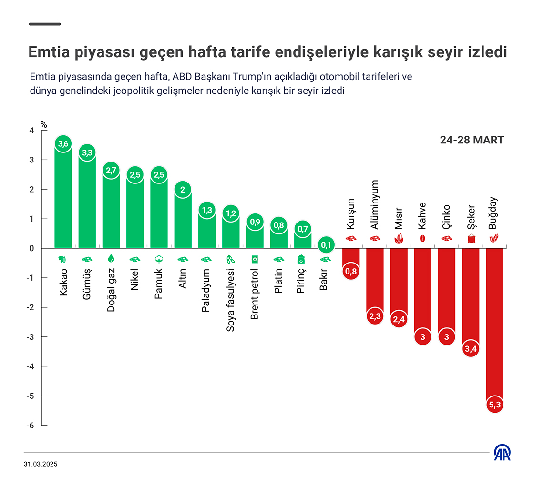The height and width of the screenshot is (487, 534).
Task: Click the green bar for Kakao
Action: coord(63,200)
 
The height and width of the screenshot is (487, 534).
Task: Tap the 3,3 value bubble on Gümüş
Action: coord(87,152)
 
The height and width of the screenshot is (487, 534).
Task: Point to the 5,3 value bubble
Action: coord(494,405)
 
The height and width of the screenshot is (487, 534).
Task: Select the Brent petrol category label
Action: coord(255,294)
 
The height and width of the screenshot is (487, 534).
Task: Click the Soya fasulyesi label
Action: coord(231,300)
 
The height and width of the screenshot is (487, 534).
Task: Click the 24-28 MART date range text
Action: coord(472,140)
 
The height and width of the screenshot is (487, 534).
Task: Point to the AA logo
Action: coord(502,452)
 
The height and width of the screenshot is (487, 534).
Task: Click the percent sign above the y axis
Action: coord(44,124)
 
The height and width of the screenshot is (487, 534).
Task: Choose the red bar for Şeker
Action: coord(471,295)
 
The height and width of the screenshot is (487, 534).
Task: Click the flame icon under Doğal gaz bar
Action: coord(111,259)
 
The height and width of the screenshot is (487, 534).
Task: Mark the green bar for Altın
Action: coord(183,219)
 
